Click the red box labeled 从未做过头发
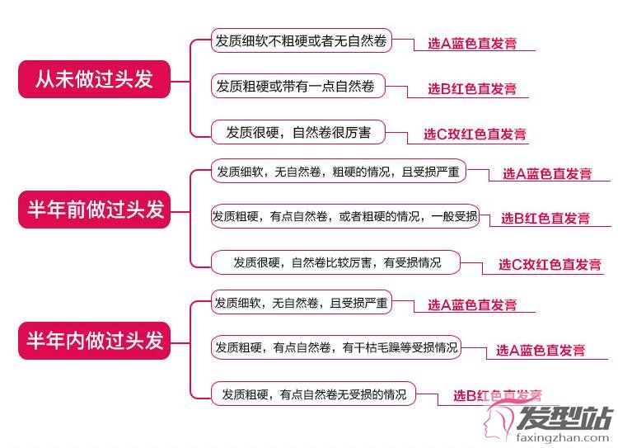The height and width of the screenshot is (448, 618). point(94,79)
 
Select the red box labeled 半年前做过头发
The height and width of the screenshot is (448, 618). point(94,210)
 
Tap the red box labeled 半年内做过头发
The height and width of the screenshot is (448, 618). point(94,340)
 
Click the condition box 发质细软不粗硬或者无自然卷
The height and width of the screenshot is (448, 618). point(301,40)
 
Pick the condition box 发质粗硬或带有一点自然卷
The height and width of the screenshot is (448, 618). point(297,86)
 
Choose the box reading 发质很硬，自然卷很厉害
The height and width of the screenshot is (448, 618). point(297,132)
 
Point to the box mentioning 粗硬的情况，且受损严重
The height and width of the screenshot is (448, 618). point(339,171)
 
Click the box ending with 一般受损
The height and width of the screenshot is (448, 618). point(345,216)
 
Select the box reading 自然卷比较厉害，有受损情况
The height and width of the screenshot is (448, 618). point(335,262)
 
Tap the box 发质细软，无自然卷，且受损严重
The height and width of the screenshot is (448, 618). point(301,302)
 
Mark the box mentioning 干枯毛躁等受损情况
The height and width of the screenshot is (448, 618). point(336,347)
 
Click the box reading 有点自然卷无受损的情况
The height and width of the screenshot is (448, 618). point(313,394)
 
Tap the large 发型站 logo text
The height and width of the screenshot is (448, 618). point(564,417)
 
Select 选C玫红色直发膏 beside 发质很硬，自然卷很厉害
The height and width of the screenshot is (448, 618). point(475,134)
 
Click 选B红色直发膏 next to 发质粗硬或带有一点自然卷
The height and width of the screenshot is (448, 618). point(472,88)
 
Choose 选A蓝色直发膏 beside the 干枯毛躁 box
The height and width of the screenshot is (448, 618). point(541,350)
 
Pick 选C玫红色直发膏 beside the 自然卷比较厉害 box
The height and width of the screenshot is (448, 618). point(550,264)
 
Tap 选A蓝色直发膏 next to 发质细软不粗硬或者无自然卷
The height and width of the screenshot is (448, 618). point(472,43)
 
